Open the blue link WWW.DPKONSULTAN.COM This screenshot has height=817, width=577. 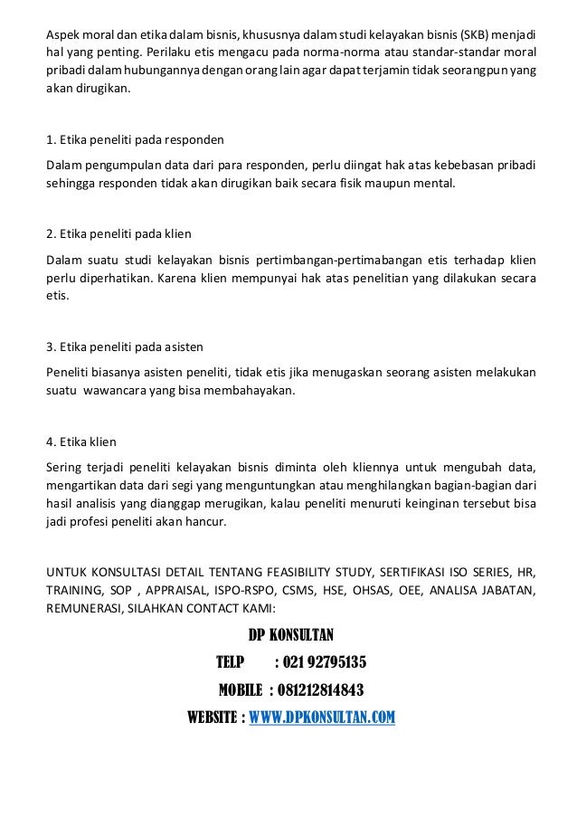[322, 719]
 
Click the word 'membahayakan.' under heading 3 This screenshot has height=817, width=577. [256, 393]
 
